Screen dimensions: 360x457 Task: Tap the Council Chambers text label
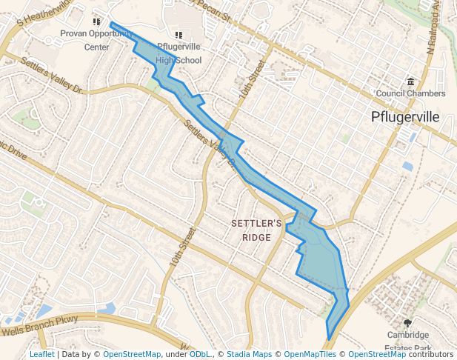coord(410,93)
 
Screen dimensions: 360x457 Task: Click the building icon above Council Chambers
coord(411,81)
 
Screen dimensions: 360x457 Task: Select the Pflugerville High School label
coord(178,53)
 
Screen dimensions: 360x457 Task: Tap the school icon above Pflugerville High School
coord(178,35)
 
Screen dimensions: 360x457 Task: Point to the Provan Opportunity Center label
coord(96,40)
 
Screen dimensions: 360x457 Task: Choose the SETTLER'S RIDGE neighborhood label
coord(256,230)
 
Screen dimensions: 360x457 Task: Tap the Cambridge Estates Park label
coord(407,341)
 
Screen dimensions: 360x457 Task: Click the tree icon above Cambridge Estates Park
coord(407,323)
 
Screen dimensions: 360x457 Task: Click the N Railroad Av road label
coord(438,30)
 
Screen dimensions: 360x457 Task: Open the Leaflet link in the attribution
coord(42,354)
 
